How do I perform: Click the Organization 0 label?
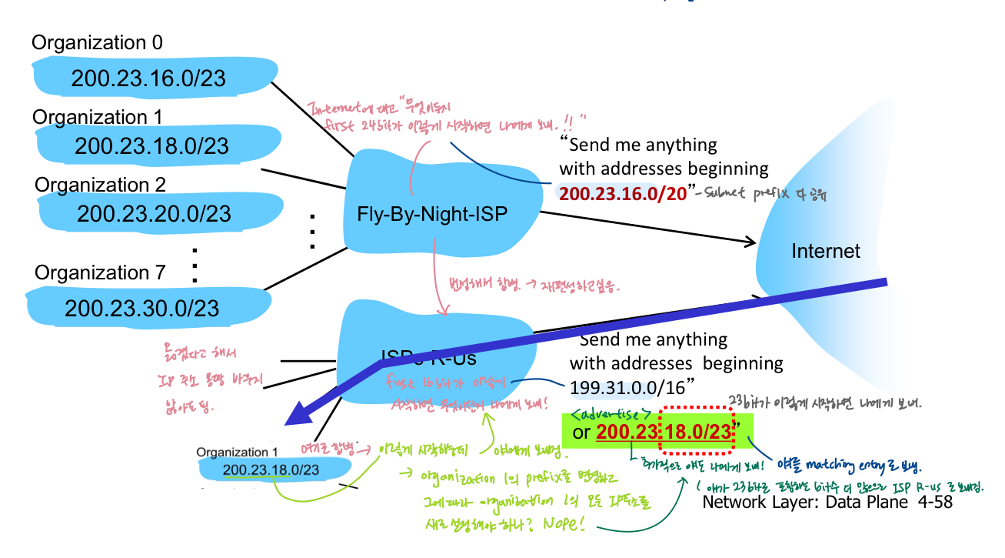coord(97,42)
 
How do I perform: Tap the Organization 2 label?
coord(100,185)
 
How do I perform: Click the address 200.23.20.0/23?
coord(154,212)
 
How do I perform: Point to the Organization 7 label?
coord(100,273)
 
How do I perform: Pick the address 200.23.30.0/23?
coord(142,309)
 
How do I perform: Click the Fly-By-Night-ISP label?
coord(432,213)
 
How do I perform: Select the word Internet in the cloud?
coord(826,251)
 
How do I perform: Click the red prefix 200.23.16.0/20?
coord(622,193)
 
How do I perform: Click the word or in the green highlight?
coord(582,433)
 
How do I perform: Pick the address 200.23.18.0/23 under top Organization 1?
coord(152,146)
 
